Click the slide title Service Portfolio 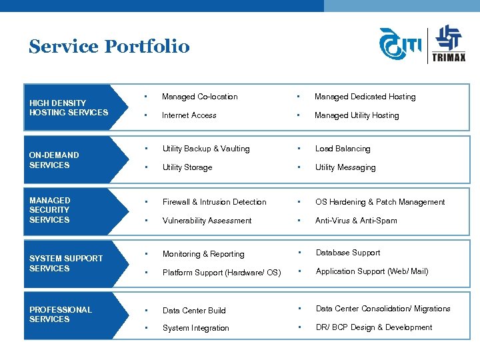[x=109, y=47]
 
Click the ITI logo [x=401, y=45]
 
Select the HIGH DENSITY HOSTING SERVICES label [x=68, y=108]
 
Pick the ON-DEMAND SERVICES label [x=54, y=160]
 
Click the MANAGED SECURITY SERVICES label [x=50, y=210]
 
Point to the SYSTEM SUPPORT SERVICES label [x=66, y=263]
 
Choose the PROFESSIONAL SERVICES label [x=60, y=315]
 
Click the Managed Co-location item [x=199, y=97]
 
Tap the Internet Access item [x=189, y=115]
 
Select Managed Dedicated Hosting [x=365, y=97]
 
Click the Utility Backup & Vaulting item [x=206, y=149]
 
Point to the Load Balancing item [x=342, y=149]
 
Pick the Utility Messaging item [x=345, y=167]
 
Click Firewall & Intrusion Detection [x=214, y=202]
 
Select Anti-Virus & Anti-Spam [x=355, y=221]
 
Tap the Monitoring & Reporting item [x=203, y=254]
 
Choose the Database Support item [x=347, y=253]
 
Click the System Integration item [x=195, y=328]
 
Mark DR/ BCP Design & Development [x=373, y=327]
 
